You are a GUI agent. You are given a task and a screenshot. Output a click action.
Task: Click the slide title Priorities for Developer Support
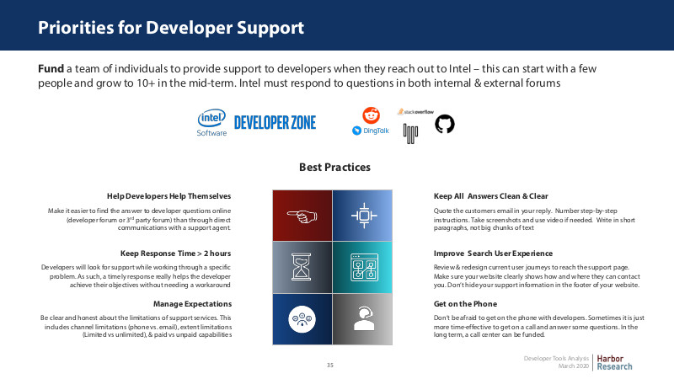[171, 28]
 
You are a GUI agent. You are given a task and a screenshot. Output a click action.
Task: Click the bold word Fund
[51, 69]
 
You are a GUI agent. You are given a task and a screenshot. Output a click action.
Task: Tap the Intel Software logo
[211, 123]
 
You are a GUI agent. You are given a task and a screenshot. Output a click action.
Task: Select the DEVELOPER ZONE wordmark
[275, 122]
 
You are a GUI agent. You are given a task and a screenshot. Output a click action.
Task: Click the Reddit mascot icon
[371, 115]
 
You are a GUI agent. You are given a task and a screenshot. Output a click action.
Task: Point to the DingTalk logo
[371, 131]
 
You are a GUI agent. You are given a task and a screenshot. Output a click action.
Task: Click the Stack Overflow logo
[415, 112]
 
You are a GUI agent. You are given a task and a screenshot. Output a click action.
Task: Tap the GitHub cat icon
[445, 124]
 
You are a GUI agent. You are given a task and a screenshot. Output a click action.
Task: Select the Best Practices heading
[334, 167]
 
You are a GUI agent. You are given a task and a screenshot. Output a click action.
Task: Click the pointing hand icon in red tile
[302, 216]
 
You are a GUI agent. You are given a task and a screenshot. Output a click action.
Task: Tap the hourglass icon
[301, 267]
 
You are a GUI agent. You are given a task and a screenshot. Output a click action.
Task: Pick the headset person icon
[363, 318]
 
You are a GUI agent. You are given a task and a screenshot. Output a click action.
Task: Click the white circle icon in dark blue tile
[302, 319]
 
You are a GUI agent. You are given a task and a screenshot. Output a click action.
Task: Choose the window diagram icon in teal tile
[364, 267]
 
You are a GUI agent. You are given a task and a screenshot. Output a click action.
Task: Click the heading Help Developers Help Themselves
[169, 196]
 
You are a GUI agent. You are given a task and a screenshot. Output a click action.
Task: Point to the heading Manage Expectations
[193, 304]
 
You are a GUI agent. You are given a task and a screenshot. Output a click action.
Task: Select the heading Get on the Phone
[465, 304]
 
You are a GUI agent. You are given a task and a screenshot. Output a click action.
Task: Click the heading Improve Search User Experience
[493, 254]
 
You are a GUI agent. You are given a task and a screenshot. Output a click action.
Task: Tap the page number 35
[329, 366]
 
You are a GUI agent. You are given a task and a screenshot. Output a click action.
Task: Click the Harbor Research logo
[614, 363]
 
